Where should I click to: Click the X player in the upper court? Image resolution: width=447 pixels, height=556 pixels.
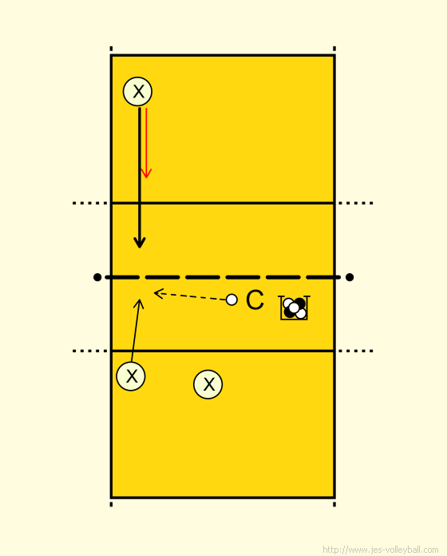(x=138, y=92)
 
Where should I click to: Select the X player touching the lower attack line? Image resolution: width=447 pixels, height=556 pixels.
(x=131, y=376)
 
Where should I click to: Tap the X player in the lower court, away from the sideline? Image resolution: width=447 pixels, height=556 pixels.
(x=208, y=384)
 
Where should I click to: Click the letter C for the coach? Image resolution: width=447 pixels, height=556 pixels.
(x=255, y=300)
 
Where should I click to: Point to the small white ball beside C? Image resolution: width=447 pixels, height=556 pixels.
(x=231, y=300)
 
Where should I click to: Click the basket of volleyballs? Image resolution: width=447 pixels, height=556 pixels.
(x=294, y=308)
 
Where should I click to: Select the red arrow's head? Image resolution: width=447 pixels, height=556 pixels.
(x=146, y=174)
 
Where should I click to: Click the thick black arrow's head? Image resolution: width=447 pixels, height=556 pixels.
(x=140, y=243)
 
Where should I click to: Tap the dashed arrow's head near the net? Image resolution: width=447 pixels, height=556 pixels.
(x=159, y=294)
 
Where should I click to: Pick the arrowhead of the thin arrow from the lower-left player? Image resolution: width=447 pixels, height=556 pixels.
(x=139, y=304)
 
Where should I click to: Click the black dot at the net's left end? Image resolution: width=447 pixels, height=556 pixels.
(x=97, y=277)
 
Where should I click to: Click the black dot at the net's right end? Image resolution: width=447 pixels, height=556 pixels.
(x=350, y=277)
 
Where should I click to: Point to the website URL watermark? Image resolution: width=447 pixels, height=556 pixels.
(x=381, y=550)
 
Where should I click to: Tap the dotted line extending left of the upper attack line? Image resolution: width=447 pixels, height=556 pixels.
(x=90, y=203)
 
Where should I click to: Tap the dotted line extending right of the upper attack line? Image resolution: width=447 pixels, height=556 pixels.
(x=356, y=203)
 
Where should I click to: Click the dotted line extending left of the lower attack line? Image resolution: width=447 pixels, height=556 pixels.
(x=90, y=351)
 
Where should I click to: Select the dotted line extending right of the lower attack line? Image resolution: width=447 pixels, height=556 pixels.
(x=356, y=351)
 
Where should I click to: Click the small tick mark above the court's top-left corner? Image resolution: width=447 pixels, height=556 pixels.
(x=111, y=49)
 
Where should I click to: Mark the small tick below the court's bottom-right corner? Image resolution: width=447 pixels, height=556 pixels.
(x=334, y=504)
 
